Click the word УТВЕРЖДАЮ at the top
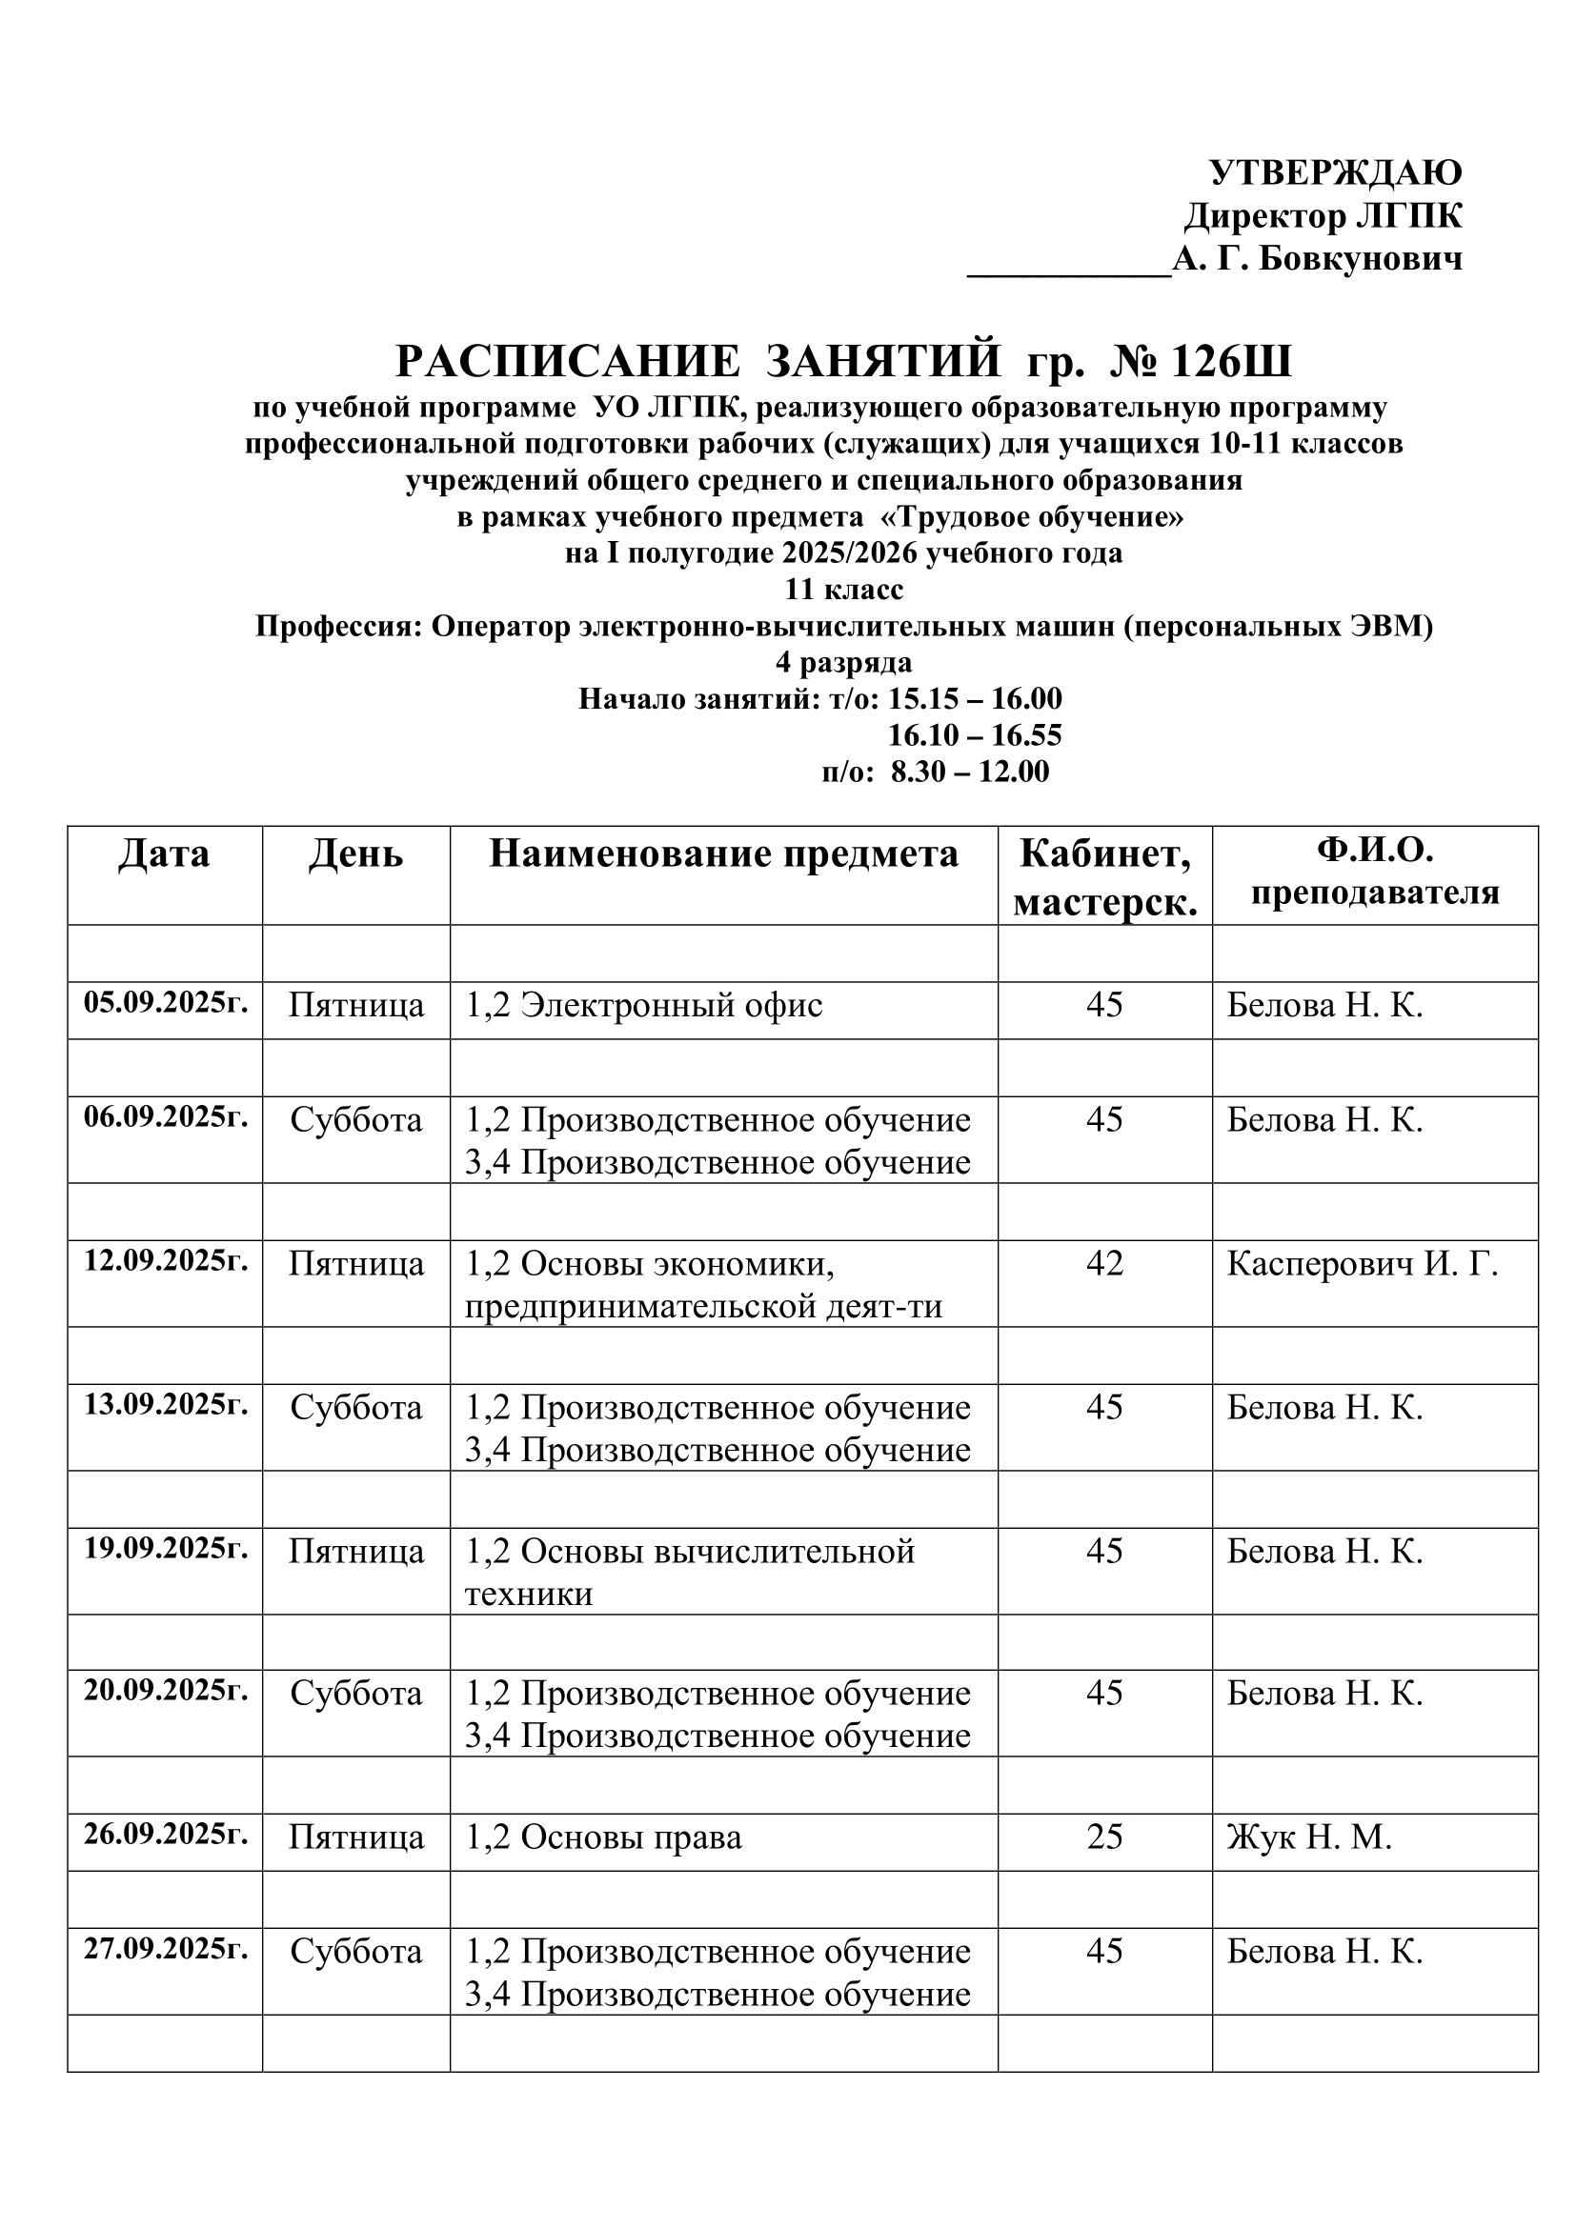click(x=1335, y=172)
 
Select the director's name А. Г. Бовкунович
click(x=1317, y=259)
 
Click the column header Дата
click(x=164, y=853)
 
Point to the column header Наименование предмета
click(x=723, y=853)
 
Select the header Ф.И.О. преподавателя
click(x=1374, y=873)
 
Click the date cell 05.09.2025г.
click(x=166, y=1002)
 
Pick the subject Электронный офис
click(x=672, y=1005)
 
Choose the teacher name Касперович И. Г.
click(x=1363, y=1264)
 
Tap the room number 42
click(x=1104, y=1263)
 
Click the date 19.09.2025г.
click(x=166, y=1548)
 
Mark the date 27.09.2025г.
click(x=166, y=1949)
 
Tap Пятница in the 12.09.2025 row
click(x=356, y=1264)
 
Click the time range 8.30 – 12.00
click(x=969, y=773)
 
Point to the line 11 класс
click(x=843, y=590)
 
